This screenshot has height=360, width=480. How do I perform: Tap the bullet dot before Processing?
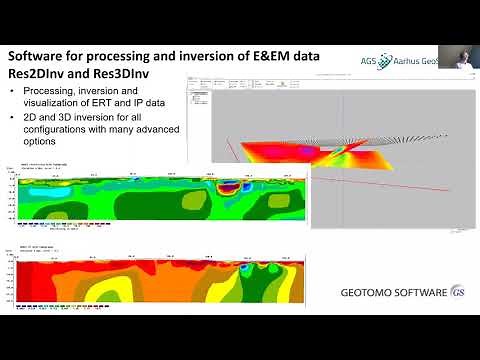click(13, 92)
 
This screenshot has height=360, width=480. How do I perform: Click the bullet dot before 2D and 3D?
click(13, 117)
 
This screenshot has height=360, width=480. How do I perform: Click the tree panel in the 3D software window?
click(200, 120)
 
